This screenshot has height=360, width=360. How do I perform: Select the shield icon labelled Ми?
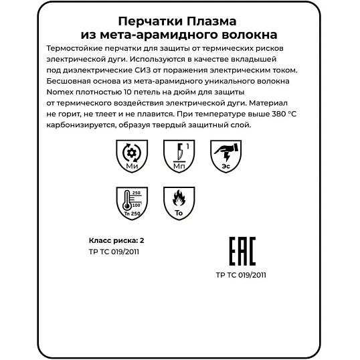coord(131,156)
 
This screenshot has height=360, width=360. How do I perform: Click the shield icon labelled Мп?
coord(179,156)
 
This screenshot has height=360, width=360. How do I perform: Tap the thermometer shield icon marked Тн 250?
coord(131,203)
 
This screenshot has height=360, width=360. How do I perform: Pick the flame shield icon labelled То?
coord(179,203)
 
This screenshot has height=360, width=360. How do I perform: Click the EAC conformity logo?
coord(242,253)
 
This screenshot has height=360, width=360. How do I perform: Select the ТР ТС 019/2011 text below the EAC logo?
coord(242,274)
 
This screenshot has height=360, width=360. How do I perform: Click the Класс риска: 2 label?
coord(116,240)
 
